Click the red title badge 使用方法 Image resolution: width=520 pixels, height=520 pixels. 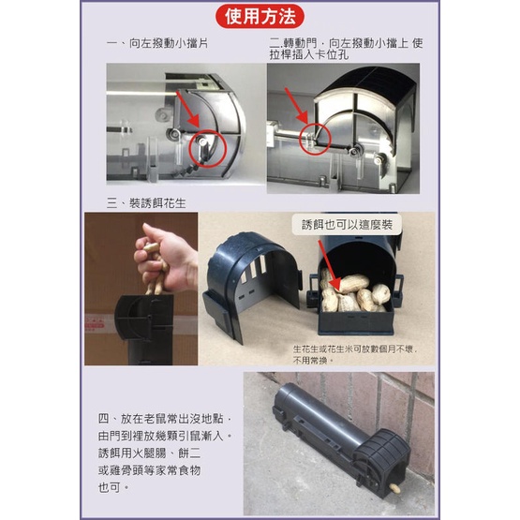(260, 16)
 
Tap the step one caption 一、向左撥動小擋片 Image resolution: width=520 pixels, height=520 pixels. (157, 43)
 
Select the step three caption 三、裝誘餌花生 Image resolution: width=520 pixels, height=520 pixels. (146, 203)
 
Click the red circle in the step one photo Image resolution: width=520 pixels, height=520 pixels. (207, 149)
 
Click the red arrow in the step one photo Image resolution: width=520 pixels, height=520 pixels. (187, 109)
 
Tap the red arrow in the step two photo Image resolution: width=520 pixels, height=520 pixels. (296, 106)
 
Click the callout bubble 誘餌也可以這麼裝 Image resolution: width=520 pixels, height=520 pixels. (347, 225)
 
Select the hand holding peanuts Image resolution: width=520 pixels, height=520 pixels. (165, 259)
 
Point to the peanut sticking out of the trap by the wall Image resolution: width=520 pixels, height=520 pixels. (394, 487)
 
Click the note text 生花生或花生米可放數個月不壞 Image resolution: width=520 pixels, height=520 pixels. (354, 349)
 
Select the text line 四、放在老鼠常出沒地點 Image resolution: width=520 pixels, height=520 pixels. (164, 419)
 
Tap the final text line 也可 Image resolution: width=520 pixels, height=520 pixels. (112, 487)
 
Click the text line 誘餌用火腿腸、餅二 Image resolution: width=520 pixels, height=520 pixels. (149, 453)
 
